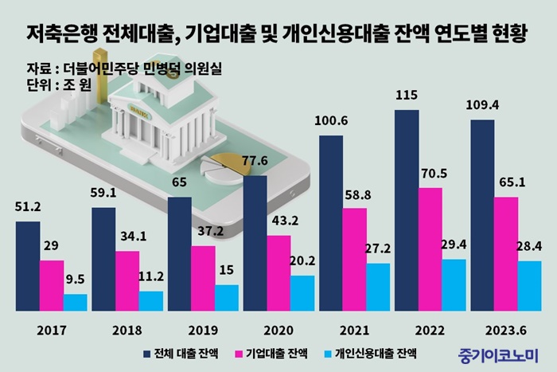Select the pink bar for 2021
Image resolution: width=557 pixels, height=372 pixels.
(355, 259)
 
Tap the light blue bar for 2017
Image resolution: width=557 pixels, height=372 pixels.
(76, 302)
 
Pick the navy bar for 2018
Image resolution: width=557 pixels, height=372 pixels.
(103, 259)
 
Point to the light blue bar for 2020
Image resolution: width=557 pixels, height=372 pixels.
(302, 292)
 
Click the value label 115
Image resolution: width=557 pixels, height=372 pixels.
(407, 96)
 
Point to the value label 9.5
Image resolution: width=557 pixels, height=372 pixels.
(76, 280)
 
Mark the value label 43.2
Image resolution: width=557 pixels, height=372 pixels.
(278, 221)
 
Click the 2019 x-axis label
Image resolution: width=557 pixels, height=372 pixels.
(203, 328)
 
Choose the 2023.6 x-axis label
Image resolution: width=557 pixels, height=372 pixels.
(506, 328)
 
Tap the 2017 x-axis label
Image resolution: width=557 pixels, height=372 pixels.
(52, 328)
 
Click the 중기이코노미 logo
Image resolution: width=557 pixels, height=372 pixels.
(499, 352)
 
